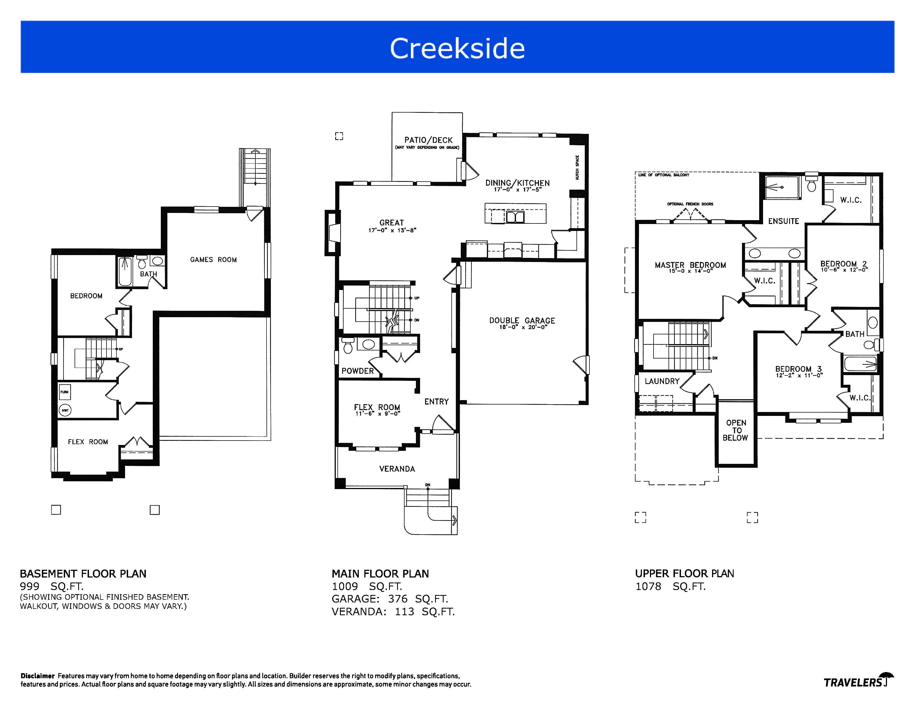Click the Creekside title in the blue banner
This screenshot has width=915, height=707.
click(x=457, y=48)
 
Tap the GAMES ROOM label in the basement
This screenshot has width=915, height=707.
click(x=213, y=260)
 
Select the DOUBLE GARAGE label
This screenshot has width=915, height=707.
click(x=522, y=321)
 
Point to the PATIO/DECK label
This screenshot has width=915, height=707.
click(x=428, y=140)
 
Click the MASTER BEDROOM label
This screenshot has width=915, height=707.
click(x=690, y=265)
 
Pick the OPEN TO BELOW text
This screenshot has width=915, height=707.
click(x=736, y=430)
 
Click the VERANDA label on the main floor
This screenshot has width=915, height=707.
click(x=397, y=469)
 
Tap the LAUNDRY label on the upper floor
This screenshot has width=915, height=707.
click(x=662, y=381)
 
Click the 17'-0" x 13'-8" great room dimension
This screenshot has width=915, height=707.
click(x=392, y=230)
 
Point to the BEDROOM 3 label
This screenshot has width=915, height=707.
click(x=799, y=369)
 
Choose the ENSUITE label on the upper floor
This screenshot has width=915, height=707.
click(x=784, y=221)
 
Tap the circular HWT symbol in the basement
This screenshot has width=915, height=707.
click(x=65, y=410)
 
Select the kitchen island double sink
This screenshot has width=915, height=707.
click(x=515, y=217)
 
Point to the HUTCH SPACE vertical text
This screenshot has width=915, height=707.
click(x=577, y=167)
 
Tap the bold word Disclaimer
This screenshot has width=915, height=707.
click(x=38, y=676)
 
